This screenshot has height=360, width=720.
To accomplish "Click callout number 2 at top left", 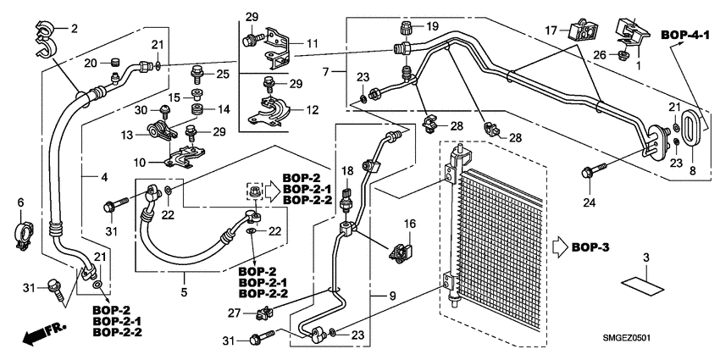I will tap(73, 29).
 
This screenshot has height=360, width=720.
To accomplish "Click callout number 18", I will tap(346, 172).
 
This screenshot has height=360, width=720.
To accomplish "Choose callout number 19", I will tap(433, 27).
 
